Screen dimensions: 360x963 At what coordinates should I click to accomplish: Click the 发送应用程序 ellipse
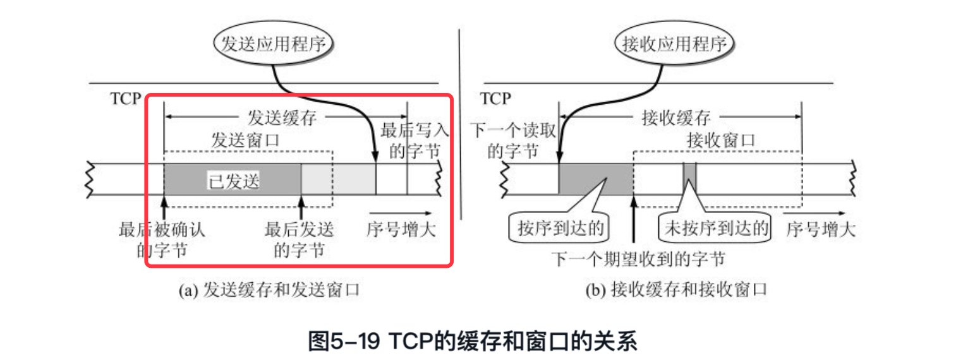274,44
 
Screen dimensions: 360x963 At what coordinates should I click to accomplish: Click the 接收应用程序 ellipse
675,44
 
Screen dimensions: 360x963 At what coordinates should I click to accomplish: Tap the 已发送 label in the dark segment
234,181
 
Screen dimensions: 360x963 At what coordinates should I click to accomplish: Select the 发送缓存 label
281,118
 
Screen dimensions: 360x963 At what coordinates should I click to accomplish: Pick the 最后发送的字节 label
300,240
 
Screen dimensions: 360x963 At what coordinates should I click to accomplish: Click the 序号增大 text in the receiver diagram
821,229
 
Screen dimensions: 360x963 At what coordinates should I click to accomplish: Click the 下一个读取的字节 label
505,141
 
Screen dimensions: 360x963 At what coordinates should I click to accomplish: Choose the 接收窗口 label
721,140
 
